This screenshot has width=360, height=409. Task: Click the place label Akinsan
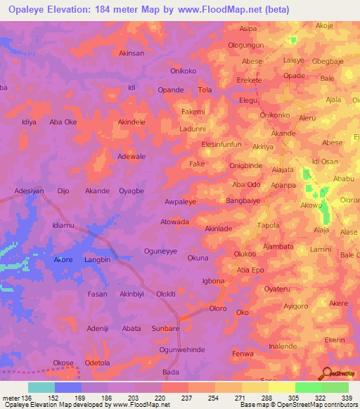[131, 53]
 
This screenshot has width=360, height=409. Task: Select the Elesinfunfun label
[221, 144]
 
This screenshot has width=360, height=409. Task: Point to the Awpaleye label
[180, 200]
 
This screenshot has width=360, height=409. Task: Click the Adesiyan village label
[30, 190]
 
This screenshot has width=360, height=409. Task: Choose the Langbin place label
[98, 260]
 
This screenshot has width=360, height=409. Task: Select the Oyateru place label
[277, 289]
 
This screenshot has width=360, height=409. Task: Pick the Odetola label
[98, 363]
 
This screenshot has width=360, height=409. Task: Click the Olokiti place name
[166, 294]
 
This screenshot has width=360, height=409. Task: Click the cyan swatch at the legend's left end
[41, 387]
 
